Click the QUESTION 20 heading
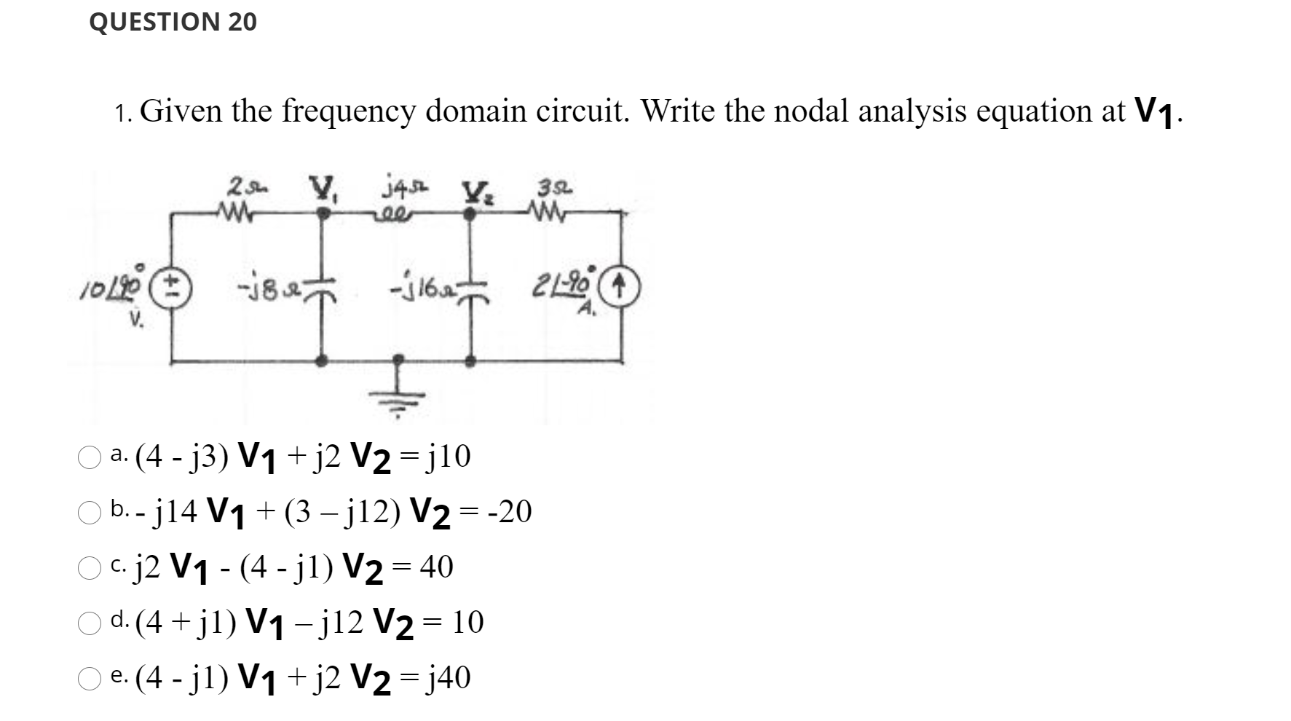[173, 22]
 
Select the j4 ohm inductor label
[398, 189]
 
